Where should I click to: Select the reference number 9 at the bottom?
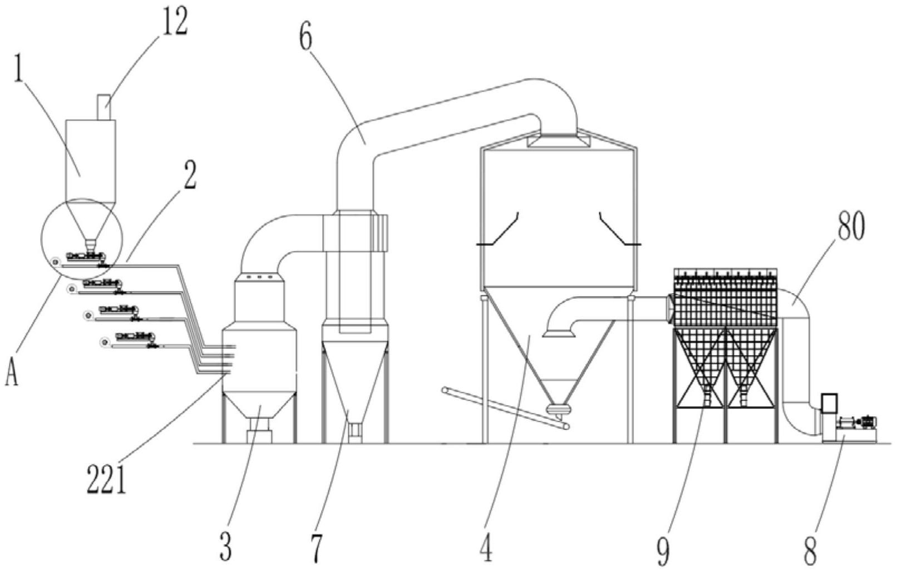coord(663,548)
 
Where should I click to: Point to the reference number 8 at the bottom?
coord(811,548)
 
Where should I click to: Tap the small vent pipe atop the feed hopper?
coord(105,107)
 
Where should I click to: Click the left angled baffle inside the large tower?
coord(499,231)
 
